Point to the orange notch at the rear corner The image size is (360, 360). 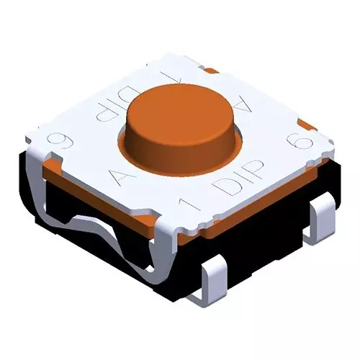click(x=212, y=71)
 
